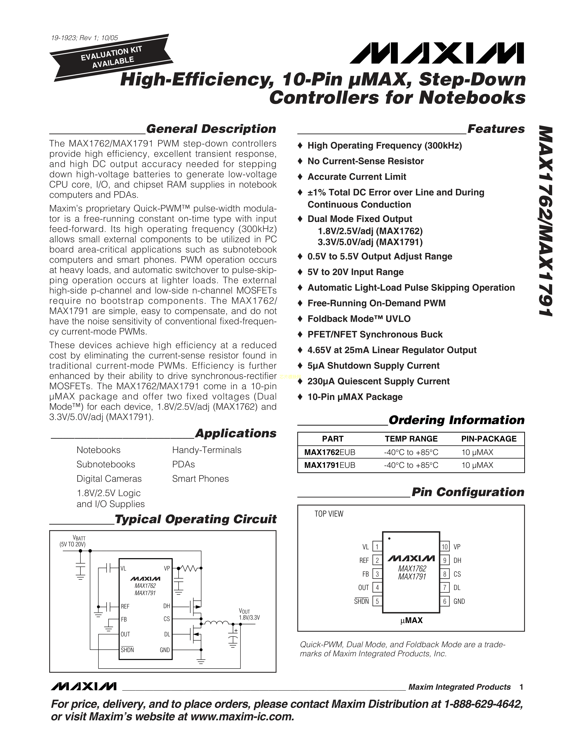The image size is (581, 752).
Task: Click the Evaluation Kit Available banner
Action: (111, 57)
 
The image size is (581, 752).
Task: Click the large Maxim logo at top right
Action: (437, 53)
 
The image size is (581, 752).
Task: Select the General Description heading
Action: (211, 129)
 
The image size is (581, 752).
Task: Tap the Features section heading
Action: (496, 129)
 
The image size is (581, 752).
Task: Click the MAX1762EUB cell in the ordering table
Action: (329, 452)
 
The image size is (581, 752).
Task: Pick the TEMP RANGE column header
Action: (411, 439)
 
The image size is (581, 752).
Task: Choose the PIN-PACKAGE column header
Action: (489, 439)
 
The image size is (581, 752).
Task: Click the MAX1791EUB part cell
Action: (329, 465)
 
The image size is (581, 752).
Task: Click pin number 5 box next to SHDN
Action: (377, 601)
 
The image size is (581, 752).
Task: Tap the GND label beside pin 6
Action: (459, 601)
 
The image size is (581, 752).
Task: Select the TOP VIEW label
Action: (329, 514)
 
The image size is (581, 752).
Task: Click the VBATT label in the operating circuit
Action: (79, 538)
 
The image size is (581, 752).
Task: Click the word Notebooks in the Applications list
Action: (98, 450)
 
